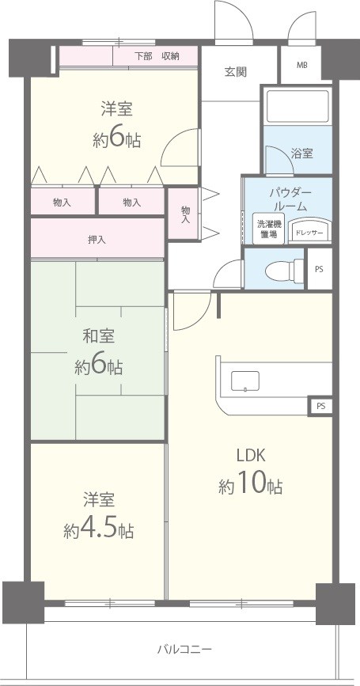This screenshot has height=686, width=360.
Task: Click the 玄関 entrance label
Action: pyautogui.click(x=236, y=71)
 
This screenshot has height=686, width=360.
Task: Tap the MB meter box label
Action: pyautogui.click(x=302, y=65)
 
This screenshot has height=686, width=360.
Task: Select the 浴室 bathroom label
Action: pyautogui.click(x=301, y=153)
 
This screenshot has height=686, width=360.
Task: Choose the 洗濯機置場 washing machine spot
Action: pyautogui.click(x=267, y=229)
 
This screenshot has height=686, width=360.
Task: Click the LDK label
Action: pyautogui.click(x=250, y=455)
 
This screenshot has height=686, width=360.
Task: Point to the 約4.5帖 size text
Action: pyautogui.click(x=99, y=530)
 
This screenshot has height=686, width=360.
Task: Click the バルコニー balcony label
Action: pyautogui.click(x=184, y=650)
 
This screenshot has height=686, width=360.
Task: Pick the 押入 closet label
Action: pyautogui.click(x=97, y=239)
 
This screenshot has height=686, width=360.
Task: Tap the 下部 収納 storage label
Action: pyautogui.click(x=156, y=55)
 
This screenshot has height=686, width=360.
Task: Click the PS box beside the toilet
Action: pyautogui.click(x=319, y=269)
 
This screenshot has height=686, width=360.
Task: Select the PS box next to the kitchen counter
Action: pyautogui.click(x=320, y=406)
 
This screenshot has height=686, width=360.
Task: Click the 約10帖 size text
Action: pyautogui.click(x=250, y=486)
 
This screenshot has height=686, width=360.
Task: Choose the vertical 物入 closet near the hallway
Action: pyautogui.click(x=184, y=214)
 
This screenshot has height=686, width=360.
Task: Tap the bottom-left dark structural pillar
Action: pyautogui.click(x=23, y=601)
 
